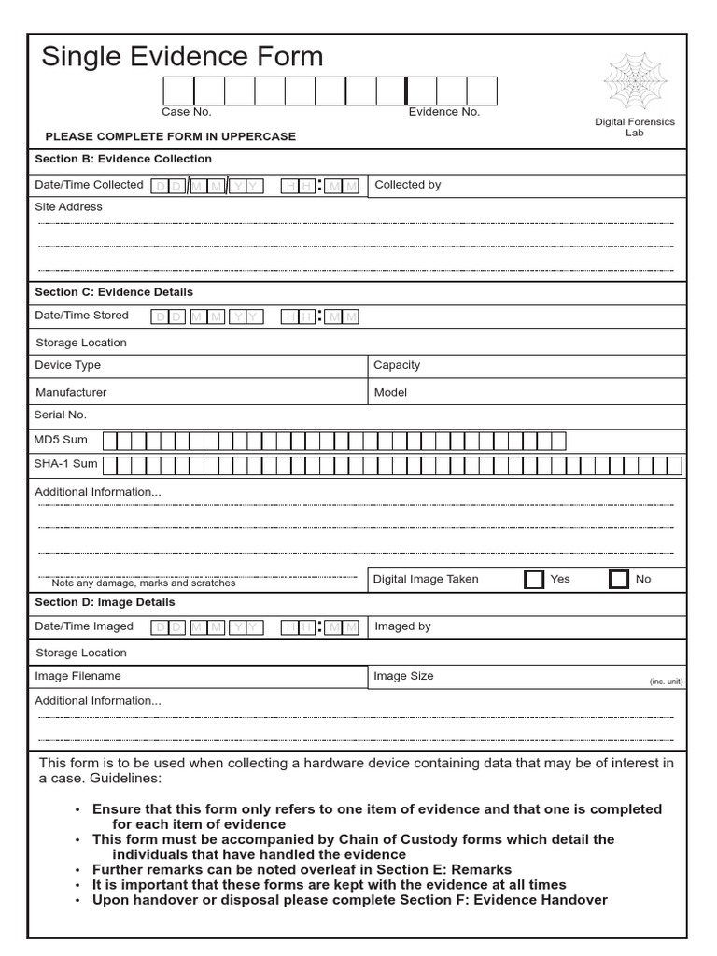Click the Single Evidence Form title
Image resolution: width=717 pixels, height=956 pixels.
pyautogui.click(x=182, y=57)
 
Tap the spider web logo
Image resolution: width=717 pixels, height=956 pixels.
pyautogui.click(x=635, y=81)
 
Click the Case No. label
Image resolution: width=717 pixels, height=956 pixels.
pyautogui.click(x=187, y=112)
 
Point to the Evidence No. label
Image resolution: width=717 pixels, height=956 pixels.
pyautogui.click(x=444, y=112)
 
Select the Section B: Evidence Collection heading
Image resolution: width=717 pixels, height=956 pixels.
pyautogui.click(x=123, y=159)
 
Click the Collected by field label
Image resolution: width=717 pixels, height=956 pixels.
pyautogui.click(x=408, y=185)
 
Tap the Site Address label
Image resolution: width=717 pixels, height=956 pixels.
pyautogui.click(x=68, y=206)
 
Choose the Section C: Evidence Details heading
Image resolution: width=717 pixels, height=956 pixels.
pyautogui.click(x=114, y=292)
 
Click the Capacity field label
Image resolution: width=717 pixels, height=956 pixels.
pyautogui.click(x=397, y=365)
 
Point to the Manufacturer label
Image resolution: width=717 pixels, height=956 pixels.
pyautogui.click(x=71, y=393)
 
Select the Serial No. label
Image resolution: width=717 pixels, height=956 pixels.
pyautogui.click(x=61, y=415)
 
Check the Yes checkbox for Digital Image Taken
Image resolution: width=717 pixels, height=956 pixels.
pyautogui.click(x=534, y=580)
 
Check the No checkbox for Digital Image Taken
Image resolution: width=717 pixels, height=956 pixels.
pyautogui.click(x=618, y=580)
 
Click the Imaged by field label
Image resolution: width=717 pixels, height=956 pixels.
pyautogui.click(x=402, y=626)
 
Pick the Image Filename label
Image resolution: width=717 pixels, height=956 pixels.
pyautogui.click(x=77, y=676)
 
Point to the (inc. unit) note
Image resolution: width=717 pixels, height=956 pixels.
pyautogui.click(x=666, y=682)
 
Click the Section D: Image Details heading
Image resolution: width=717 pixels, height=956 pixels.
pyautogui.click(x=105, y=602)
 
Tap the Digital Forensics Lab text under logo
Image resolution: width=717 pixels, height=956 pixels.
pyautogui.click(x=635, y=127)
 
